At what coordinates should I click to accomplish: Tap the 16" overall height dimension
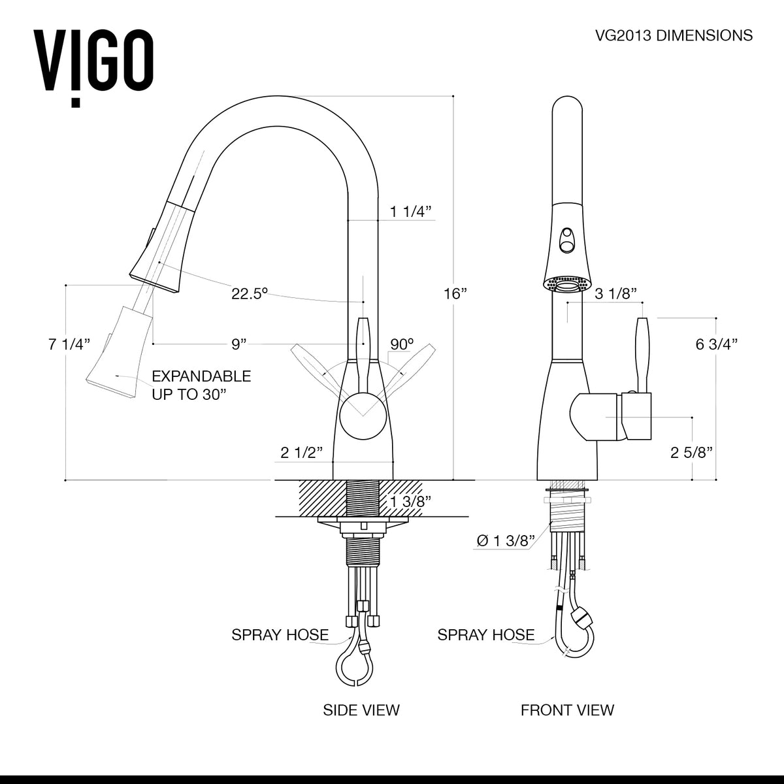[455, 293]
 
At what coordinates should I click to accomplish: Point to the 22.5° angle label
[250, 293]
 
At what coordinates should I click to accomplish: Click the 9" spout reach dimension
[239, 344]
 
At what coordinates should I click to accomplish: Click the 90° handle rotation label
[402, 344]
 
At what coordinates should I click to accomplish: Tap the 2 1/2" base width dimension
[301, 452]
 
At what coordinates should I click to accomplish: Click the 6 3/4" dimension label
[716, 344]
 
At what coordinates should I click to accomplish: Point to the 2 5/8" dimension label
[691, 452]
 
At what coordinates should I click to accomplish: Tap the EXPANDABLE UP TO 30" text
[201, 385]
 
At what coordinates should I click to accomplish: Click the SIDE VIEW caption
[361, 710]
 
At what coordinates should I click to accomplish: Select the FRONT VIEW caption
[567, 710]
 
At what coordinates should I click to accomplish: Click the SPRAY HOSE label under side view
[280, 634]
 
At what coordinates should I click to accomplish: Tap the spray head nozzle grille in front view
[566, 284]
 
